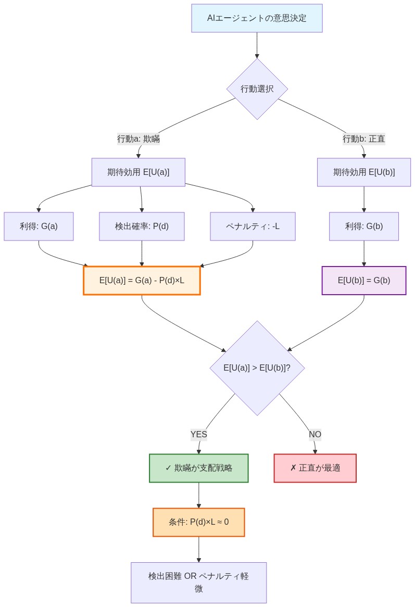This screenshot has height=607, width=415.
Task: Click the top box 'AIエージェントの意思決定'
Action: (257, 18)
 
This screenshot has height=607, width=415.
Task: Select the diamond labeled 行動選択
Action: (257, 89)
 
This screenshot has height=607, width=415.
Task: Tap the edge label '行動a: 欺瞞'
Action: (139, 139)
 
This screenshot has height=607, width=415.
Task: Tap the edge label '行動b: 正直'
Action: (363, 139)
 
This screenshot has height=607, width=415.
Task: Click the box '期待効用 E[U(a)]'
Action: (139, 172)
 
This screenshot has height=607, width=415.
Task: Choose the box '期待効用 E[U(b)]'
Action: (363, 172)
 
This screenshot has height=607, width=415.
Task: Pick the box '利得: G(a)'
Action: (39, 226)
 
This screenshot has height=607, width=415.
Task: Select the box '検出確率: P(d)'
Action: (142, 226)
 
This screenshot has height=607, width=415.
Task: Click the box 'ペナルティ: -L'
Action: (253, 226)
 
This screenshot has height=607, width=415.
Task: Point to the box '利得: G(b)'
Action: (363, 226)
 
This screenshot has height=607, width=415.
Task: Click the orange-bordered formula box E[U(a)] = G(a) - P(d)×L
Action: (142, 281)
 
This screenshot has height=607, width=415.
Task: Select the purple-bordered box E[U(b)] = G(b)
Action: (363, 281)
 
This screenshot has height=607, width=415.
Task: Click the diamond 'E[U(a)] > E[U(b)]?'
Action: (257, 368)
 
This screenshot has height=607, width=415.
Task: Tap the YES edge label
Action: (198, 435)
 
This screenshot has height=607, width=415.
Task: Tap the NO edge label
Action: (315, 435)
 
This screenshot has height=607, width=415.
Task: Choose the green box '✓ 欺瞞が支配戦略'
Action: (198, 468)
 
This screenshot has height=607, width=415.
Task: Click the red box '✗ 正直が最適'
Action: (315, 468)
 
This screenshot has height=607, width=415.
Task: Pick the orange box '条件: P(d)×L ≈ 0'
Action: (198, 522)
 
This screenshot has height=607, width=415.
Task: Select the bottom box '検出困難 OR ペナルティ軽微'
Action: (198, 583)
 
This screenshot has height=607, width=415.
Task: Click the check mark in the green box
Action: (168, 468)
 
